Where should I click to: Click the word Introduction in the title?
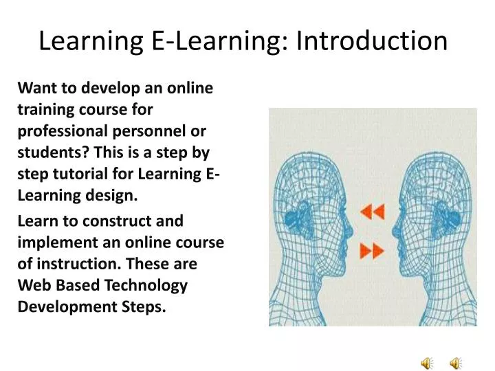[x=372, y=41]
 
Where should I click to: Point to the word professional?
[x=62, y=131]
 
